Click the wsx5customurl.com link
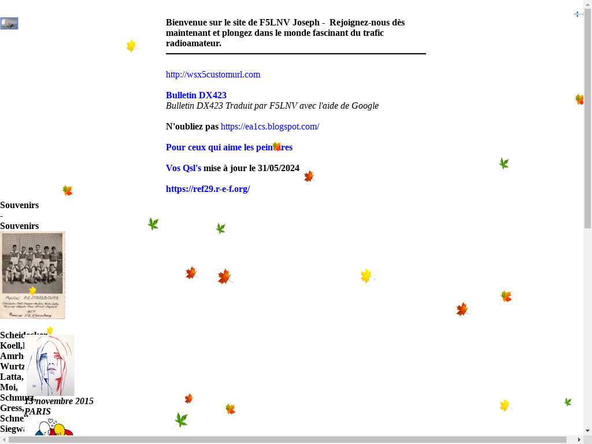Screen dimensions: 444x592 coord(213,75)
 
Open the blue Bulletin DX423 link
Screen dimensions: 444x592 coord(196,95)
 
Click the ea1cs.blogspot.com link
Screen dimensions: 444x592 coord(269,127)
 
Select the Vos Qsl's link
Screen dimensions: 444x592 coord(183,168)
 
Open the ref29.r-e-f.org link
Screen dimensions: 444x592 coord(208,189)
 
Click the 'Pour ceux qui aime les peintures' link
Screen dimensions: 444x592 coord(229,147)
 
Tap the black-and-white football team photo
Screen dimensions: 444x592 coord(32,275)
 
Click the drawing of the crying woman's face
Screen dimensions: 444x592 coord(51,365)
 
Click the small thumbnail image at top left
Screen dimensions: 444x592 coord(9,24)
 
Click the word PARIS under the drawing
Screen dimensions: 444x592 coord(38,412)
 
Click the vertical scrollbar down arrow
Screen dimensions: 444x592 coord(588,431)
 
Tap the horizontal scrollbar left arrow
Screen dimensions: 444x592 coord(3,440)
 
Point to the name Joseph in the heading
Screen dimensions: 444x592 coord(306,23)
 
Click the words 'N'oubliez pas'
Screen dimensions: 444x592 coord(192,127)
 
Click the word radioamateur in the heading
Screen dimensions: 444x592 coord(193,43)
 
